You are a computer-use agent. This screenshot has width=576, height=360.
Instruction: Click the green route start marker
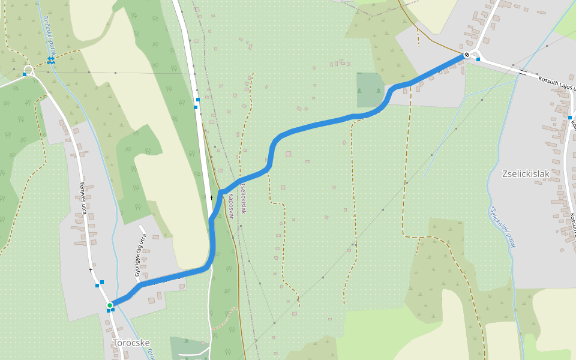click(x=110, y=306)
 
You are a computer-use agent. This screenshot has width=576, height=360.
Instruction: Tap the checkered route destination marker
click(x=467, y=55)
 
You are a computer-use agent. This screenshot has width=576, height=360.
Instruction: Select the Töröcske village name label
click(x=131, y=343)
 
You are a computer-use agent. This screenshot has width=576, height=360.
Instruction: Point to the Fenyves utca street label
click(x=84, y=199)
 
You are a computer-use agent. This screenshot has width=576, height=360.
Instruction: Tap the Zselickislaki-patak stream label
click(x=503, y=227)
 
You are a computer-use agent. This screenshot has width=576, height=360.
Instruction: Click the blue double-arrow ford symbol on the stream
click(x=51, y=60)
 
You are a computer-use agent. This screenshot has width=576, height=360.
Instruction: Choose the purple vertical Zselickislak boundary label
click(x=243, y=198)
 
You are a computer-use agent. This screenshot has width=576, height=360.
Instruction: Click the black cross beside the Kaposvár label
click(x=211, y=197)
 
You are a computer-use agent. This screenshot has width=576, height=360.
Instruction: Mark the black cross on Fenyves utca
click(x=91, y=270)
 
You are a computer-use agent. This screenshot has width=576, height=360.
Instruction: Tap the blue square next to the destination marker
click(x=478, y=59)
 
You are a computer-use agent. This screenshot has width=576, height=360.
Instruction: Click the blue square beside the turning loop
click(x=25, y=74)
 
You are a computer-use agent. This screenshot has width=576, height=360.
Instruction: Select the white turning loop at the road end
click(x=29, y=70)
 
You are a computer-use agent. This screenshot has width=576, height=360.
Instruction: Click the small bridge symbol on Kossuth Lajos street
click(x=523, y=73)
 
